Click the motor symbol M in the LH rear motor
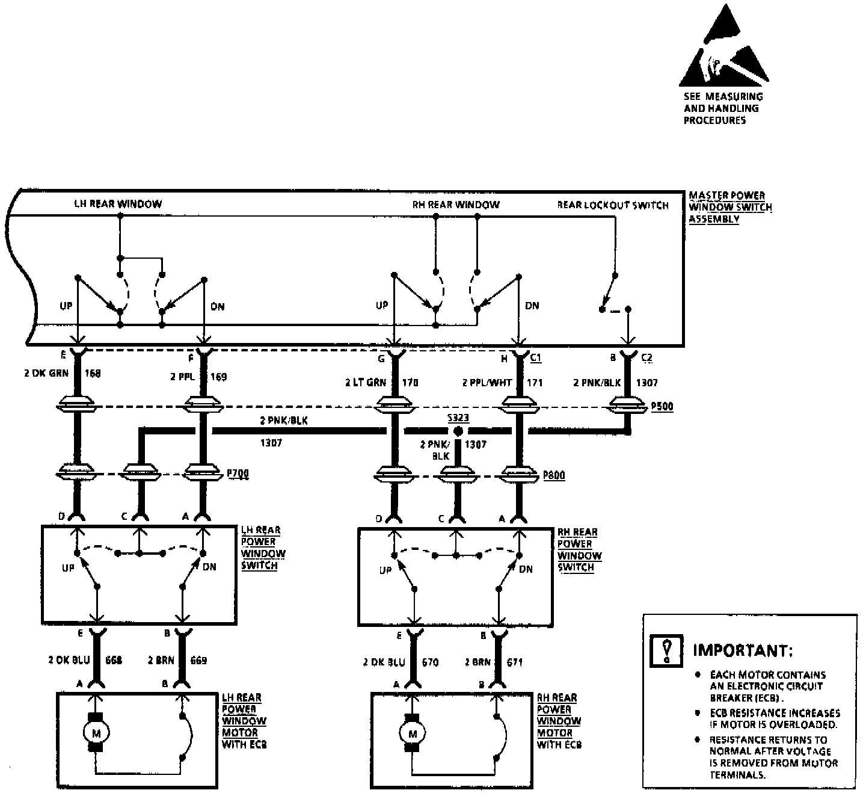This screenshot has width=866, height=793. tap(95, 732)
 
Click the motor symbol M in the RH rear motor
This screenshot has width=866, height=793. tap(412, 733)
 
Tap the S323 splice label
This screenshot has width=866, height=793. tap(458, 418)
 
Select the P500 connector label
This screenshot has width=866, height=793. tap(662, 407)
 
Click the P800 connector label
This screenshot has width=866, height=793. tap(553, 475)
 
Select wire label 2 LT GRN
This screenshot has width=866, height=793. tap(365, 382)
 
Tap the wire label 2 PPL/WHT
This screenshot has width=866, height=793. tap(487, 382)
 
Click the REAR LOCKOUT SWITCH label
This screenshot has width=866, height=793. tap(612, 205)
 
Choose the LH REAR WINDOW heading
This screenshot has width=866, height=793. tap(118, 204)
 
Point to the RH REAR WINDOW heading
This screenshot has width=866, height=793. tap(456, 205)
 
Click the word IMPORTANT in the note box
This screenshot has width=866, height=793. tap(743, 650)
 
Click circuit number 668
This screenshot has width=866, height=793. tap(114, 660)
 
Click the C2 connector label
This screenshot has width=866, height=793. tap(646, 358)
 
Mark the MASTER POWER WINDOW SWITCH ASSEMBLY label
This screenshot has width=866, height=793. tap(729, 207)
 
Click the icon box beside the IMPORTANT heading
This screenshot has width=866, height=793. tap(666, 650)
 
